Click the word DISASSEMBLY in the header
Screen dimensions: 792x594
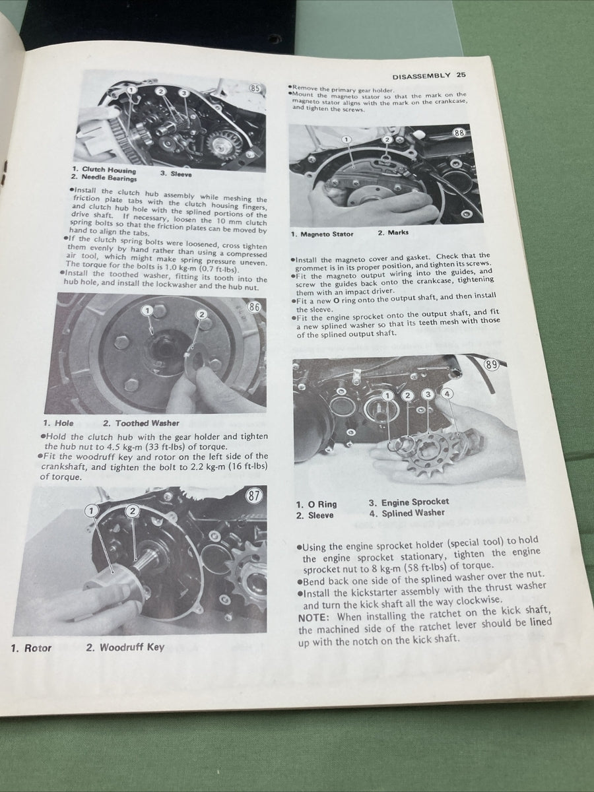[421, 76]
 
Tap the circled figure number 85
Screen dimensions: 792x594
[255, 89]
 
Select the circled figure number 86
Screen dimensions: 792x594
[254, 306]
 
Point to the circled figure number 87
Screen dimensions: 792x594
[253, 496]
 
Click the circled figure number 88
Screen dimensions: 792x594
[460, 134]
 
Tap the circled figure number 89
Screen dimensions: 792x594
[491, 364]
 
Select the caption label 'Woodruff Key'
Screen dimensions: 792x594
[131, 647]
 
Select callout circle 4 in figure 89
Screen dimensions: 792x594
[448, 394]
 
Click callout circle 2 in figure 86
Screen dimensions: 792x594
[202, 315]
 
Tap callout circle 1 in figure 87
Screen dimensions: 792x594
[91, 510]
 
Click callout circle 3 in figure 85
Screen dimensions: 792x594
[184, 93]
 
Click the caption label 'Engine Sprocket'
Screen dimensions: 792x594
[414, 502]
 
